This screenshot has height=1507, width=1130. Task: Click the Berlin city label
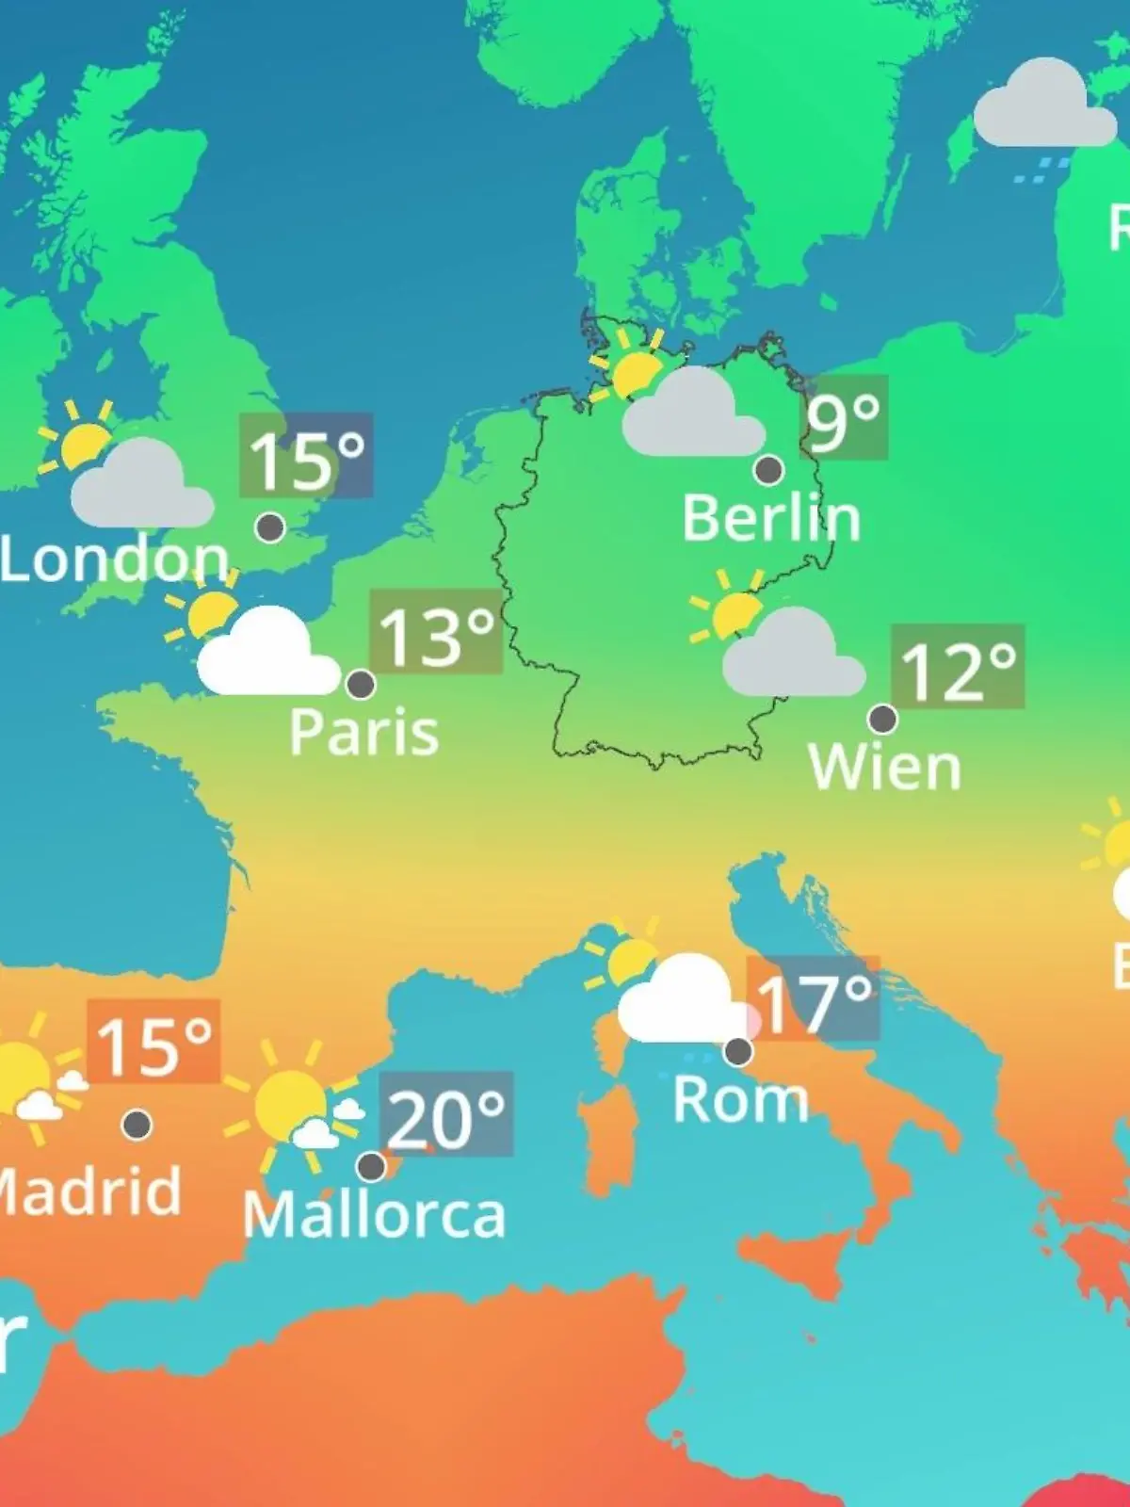[x=771, y=518]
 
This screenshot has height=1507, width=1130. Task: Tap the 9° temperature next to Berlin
[x=844, y=418]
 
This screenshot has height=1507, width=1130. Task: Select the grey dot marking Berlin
[x=769, y=469]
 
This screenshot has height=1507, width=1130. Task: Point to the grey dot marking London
[x=270, y=527]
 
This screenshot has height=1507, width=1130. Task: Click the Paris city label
[x=364, y=732]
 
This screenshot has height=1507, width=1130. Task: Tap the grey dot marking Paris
[x=361, y=684]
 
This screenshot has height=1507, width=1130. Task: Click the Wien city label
[x=885, y=768]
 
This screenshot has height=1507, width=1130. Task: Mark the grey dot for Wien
[x=882, y=720]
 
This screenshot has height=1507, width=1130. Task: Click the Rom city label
[x=741, y=1099]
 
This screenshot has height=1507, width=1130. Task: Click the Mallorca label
[x=375, y=1215]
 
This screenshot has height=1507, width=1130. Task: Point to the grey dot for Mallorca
[x=372, y=1166]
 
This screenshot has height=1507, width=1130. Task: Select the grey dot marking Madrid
[x=137, y=1125]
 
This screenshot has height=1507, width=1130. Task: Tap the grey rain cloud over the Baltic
[x=1042, y=105]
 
